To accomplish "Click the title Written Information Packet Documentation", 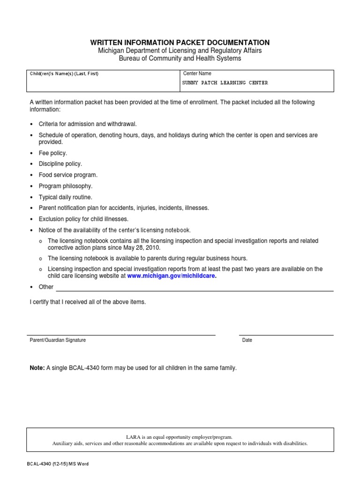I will coord(180,43).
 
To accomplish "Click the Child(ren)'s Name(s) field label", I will coord(64,74).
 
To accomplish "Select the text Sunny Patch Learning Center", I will coord(225,83).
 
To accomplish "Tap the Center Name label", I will coord(197,74).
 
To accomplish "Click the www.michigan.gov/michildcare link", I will coord(171,276).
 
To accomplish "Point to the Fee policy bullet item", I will coord(52,153).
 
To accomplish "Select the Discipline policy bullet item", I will coord(60,164).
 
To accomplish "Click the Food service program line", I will coord(68,175).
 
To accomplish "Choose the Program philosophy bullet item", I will coord(65,186).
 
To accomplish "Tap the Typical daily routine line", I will coord(65,197).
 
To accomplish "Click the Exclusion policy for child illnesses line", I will coord(83,219).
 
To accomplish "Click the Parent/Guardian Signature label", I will coord(58,340).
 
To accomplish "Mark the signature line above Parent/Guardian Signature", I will coord(122,335).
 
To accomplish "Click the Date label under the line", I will coord(247,340).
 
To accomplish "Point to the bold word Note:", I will coord(37,368).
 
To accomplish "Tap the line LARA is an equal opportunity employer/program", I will coord(180,436).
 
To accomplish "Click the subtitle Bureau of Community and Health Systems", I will coord(180,59).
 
